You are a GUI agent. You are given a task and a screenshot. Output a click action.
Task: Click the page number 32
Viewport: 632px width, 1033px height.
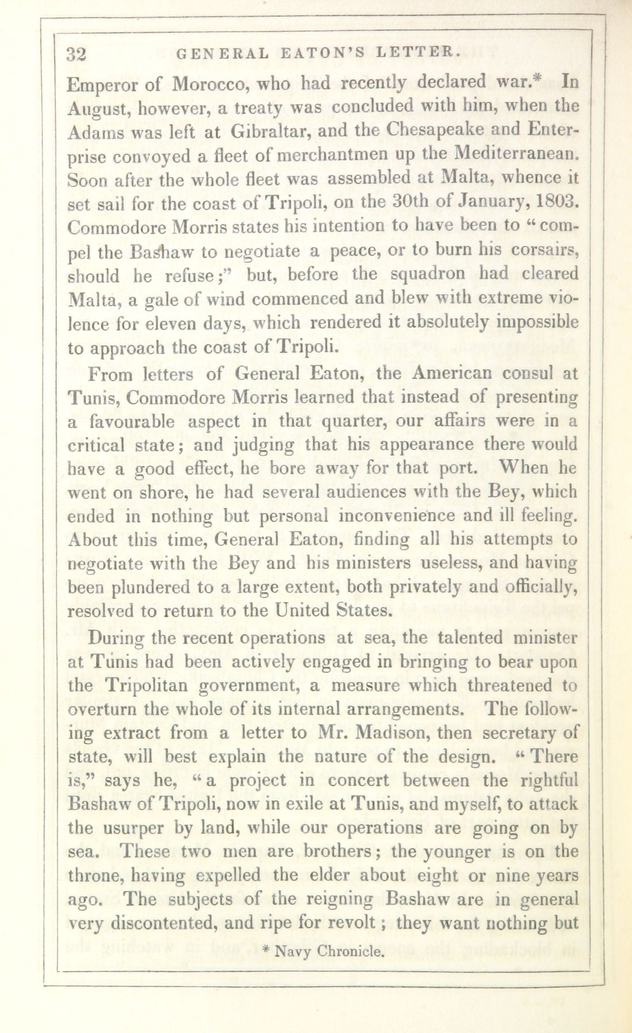tap(76, 55)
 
